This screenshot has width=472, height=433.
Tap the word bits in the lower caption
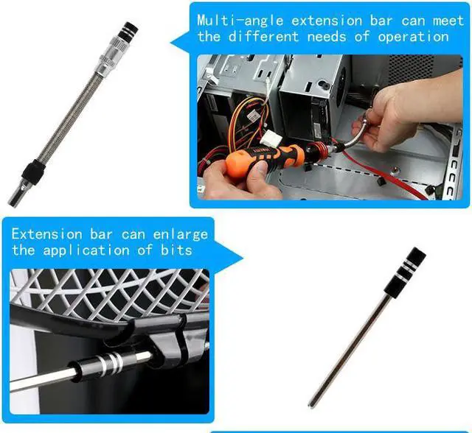[178, 250]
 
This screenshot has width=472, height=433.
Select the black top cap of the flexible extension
[127, 29]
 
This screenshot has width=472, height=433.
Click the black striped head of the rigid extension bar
[408, 266]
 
